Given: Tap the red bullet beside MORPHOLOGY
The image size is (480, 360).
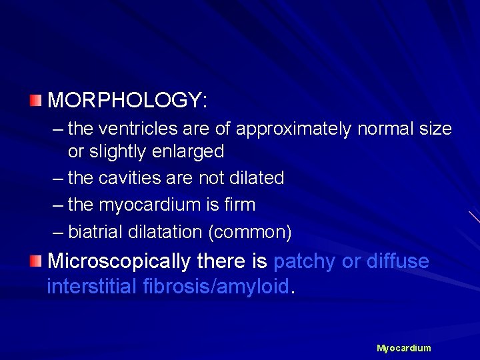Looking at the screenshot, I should click(x=35, y=101).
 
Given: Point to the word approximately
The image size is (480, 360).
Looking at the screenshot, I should click(x=293, y=129).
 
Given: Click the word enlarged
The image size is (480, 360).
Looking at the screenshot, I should click(x=191, y=152).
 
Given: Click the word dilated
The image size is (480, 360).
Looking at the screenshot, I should click(x=256, y=178).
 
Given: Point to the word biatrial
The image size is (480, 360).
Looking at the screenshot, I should click(x=93, y=231).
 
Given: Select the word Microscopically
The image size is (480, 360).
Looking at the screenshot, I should click(x=119, y=261).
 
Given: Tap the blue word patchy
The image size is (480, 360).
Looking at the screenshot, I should click(x=305, y=261).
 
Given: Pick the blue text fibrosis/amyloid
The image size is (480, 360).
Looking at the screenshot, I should click(x=217, y=287).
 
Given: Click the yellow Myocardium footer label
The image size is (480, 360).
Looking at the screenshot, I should click(x=403, y=348).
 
